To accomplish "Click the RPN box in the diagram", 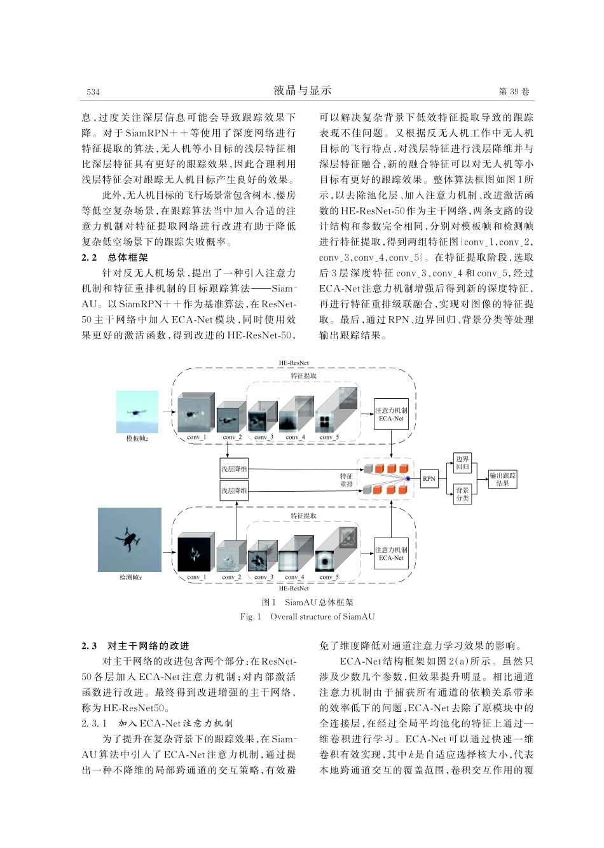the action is [429, 478].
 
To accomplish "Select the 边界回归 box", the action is [462, 462].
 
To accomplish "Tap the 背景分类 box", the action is [462, 494].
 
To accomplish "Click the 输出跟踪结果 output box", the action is [502, 479].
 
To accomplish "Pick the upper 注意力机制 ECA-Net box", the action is [391, 414].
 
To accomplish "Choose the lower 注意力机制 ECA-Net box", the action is [391, 553].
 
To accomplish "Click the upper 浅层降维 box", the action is [234, 469].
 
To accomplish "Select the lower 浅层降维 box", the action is [234, 490].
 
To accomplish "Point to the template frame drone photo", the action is [137, 412].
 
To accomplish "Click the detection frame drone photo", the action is [130, 539].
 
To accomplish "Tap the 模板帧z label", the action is [137, 438].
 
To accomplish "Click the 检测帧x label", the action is [130, 577].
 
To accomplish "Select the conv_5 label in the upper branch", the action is [329, 437].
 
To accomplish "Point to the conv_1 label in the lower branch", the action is [196, 577].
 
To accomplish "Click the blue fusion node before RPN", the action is [408, 478].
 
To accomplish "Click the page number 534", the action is [93, 92].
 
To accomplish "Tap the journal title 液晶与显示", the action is [303, 90].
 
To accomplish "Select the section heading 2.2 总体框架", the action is [115, 258].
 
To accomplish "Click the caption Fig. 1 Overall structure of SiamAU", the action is [307, 616].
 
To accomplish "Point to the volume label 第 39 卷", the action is [514, 92].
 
